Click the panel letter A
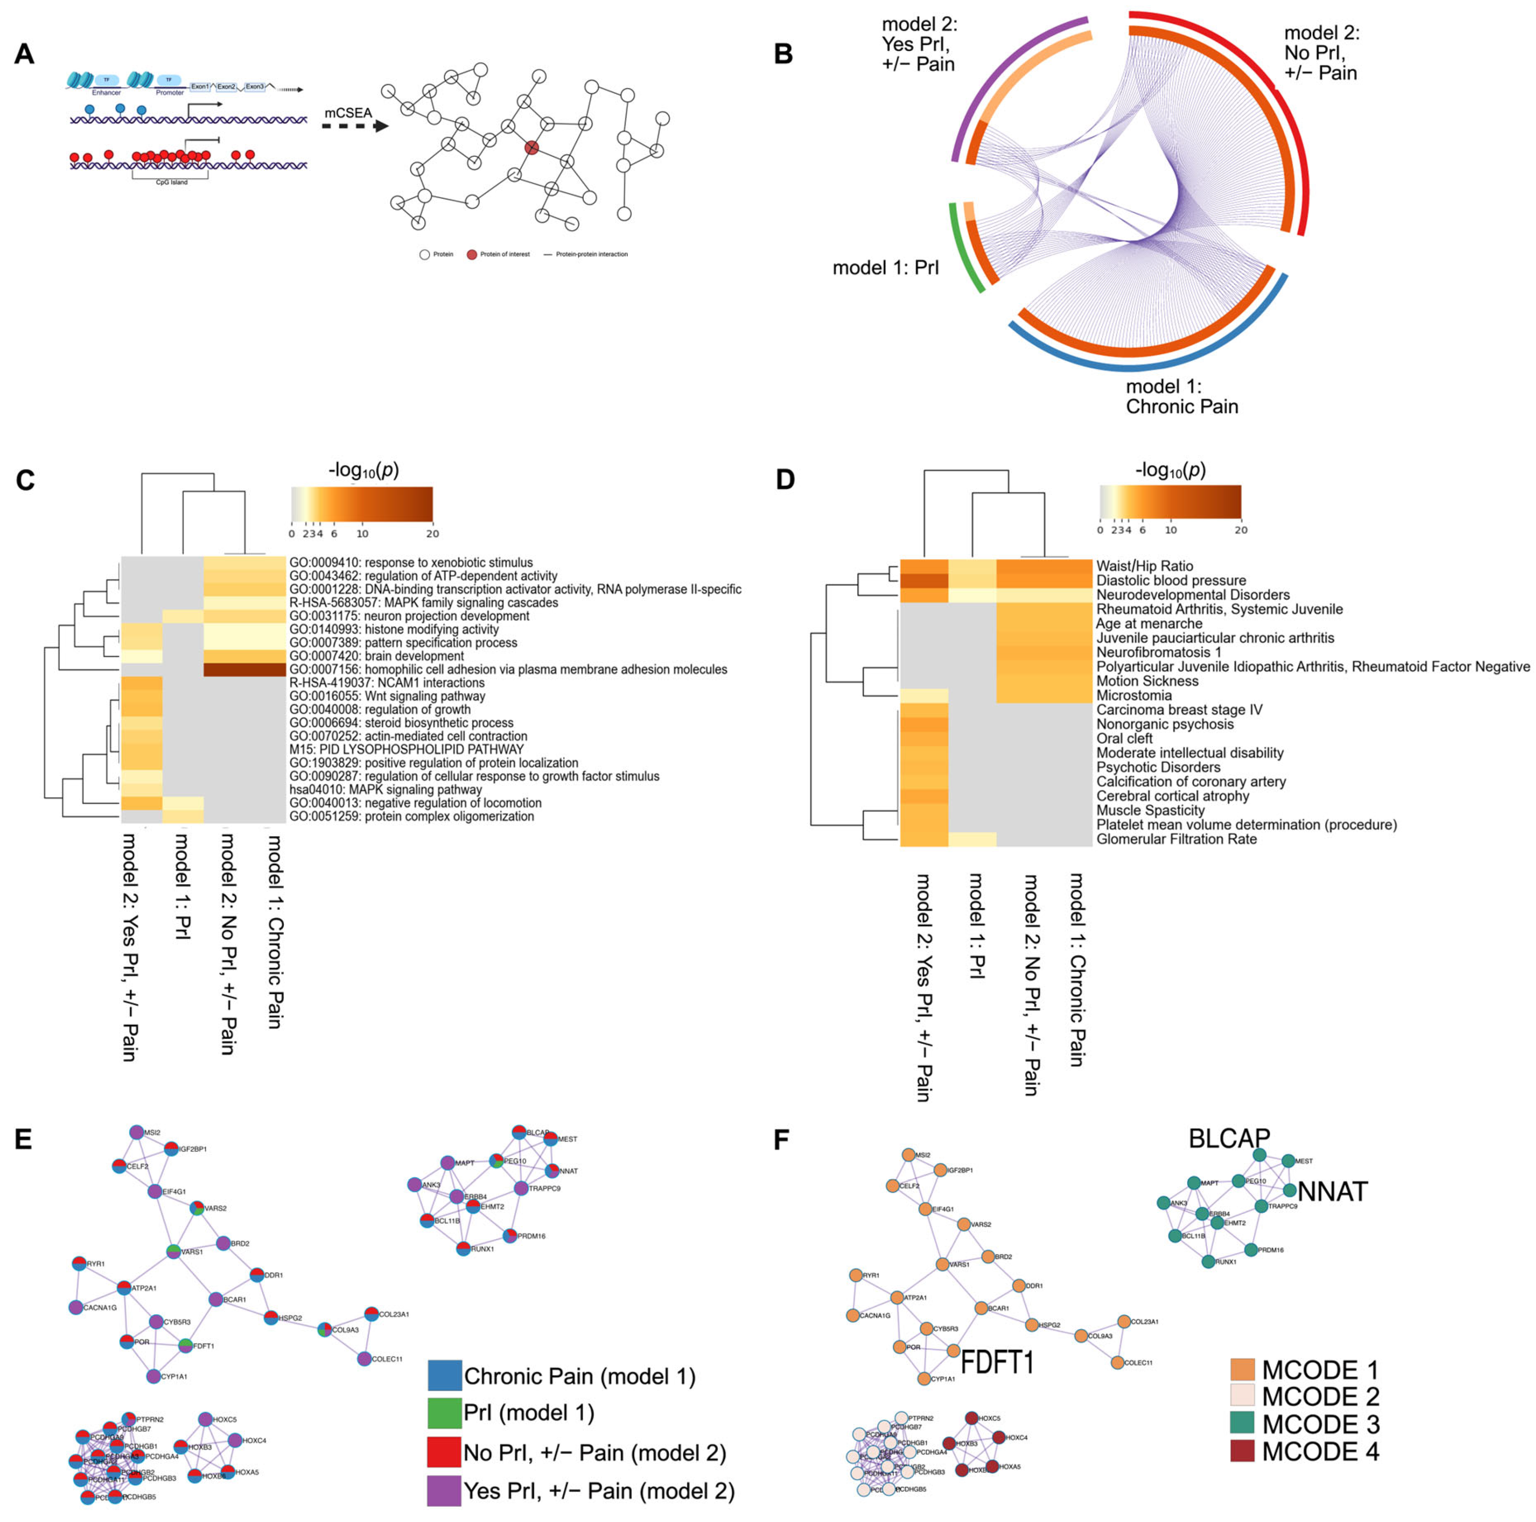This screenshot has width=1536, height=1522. (25, 54)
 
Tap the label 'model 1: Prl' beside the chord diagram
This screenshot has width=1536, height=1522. (885, 268)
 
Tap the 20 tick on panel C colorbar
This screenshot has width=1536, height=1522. (433, 533)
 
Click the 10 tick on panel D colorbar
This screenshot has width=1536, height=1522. (1170, 529)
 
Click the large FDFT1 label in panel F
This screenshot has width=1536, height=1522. (997, 1363)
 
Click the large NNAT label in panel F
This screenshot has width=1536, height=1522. (1333, 1191)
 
